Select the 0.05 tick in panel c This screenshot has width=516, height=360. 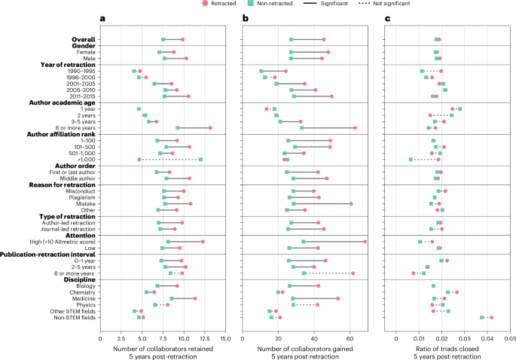509,336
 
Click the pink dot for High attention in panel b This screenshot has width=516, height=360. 365,242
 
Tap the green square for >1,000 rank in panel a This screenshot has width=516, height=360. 200,160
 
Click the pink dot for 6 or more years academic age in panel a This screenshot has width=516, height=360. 210,128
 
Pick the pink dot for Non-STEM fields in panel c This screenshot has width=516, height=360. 491,318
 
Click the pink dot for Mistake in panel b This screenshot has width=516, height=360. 351,203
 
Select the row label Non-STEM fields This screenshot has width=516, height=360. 74,318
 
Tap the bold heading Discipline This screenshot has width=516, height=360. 78,279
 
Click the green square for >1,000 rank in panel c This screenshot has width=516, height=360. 411,160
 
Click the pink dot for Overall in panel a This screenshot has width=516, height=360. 182,39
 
